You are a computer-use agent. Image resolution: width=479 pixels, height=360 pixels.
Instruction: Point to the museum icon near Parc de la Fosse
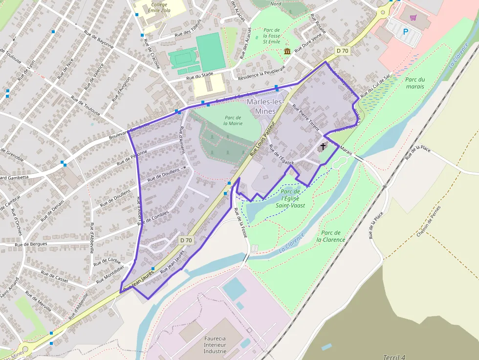[x=287, y=51]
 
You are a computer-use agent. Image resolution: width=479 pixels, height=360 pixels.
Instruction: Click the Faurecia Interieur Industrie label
[x=215, y=344]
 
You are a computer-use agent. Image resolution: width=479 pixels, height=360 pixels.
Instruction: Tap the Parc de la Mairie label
[x=233, y=120]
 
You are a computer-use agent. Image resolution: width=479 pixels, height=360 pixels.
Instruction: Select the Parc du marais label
[x=415, y=83]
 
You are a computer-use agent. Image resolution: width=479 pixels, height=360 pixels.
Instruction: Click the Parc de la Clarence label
[x=331, y=236]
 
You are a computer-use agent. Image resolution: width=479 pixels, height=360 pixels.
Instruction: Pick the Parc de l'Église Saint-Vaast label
[x=290, y=198]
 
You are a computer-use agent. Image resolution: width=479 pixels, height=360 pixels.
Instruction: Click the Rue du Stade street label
[x=201, y=76]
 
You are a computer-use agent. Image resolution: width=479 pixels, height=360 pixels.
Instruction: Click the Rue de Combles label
[x=157, y=217]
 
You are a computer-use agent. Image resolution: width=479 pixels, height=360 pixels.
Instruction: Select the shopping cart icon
[x=414, y=18]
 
